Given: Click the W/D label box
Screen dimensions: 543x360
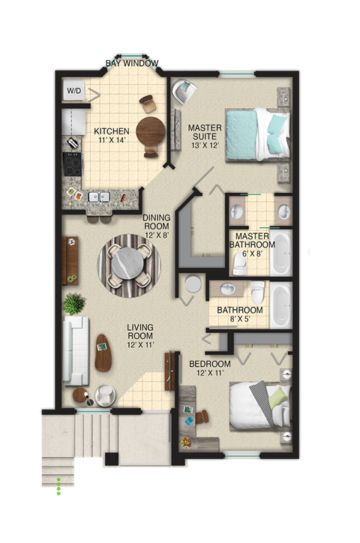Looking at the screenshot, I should [x=74, y=91].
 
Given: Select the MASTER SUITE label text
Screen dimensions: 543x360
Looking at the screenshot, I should [x=203, y=133].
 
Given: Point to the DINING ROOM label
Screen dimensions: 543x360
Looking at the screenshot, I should [x=157, y=223].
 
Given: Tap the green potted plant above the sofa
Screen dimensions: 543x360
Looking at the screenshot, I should [x=74, y=304].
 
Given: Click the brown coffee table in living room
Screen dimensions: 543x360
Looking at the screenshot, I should [x=103, y=352].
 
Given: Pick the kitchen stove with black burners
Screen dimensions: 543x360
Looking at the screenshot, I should [x=73, y=164].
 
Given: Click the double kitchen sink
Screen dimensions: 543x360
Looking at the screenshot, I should [x=98, y=196].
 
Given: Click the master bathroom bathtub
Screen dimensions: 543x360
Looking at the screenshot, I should [x=281, y=251].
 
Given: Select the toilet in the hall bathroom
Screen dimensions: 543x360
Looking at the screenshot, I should [x=257, y=290].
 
